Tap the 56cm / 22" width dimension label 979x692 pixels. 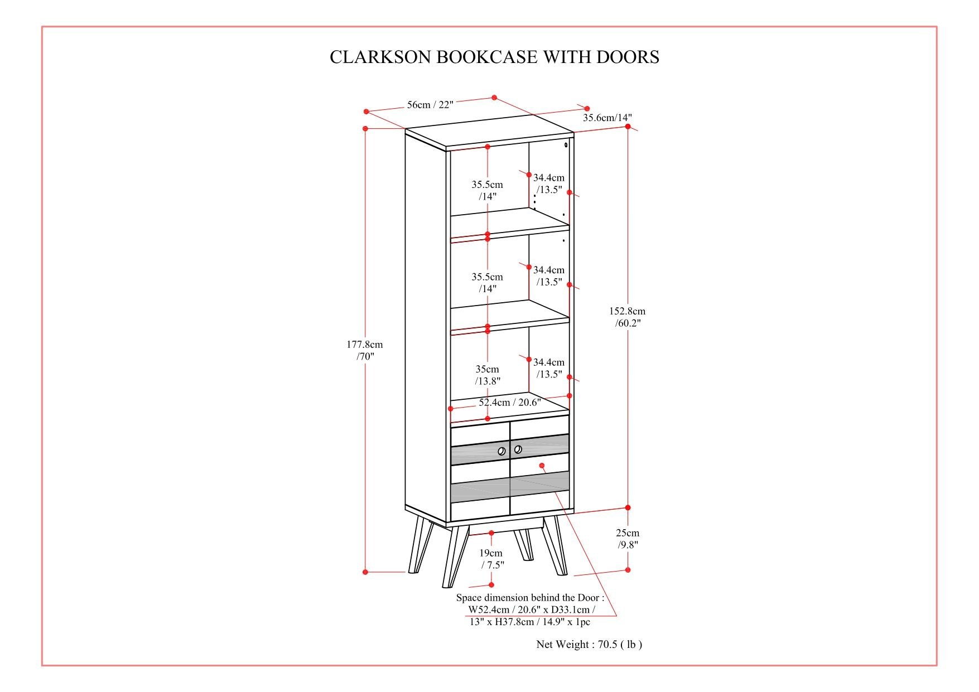click(x=430, y=104)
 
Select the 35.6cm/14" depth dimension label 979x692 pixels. click(x=607, y=118)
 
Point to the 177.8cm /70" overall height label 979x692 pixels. click(x=365, y=350)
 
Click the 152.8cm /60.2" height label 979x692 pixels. click(x=627, y=317)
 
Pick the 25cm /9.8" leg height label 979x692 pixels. click(x=628, y=539)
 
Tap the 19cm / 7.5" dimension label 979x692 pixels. click(x=491, y=559)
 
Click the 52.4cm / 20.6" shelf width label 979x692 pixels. click(x=510, y=402)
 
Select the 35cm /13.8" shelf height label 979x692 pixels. click(x=488, y=375)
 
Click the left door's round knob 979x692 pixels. click(x=501, y=451)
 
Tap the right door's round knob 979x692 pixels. click(x=518, y=449)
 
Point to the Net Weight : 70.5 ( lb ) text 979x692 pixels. click(x=589, y=644)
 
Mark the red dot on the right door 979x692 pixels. click(x=542, y=465)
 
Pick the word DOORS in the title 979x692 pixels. click(x=628, y=57)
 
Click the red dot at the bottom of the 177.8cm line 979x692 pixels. click(x=365, y=572)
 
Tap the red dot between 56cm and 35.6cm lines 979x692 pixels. click(x=494, y=98)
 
